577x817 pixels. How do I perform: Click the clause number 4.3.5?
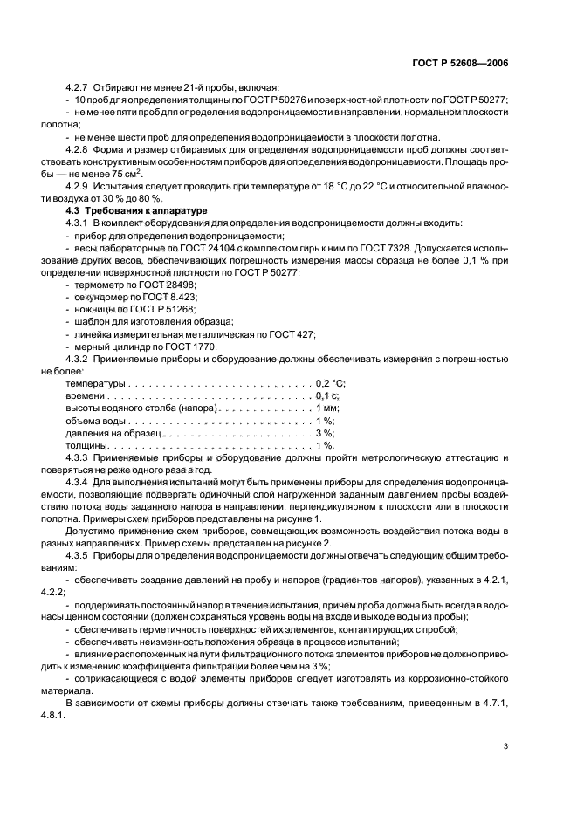(x=79, y=556)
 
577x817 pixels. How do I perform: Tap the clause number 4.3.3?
(x=79, y=457)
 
